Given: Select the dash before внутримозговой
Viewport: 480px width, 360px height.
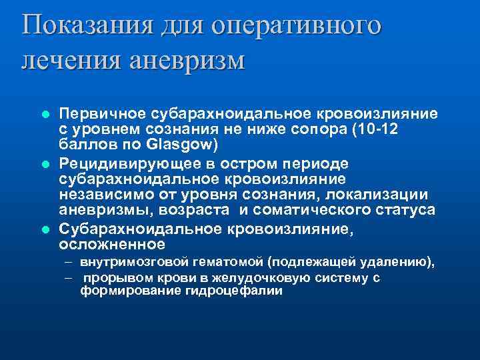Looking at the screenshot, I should click(69, 263).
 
